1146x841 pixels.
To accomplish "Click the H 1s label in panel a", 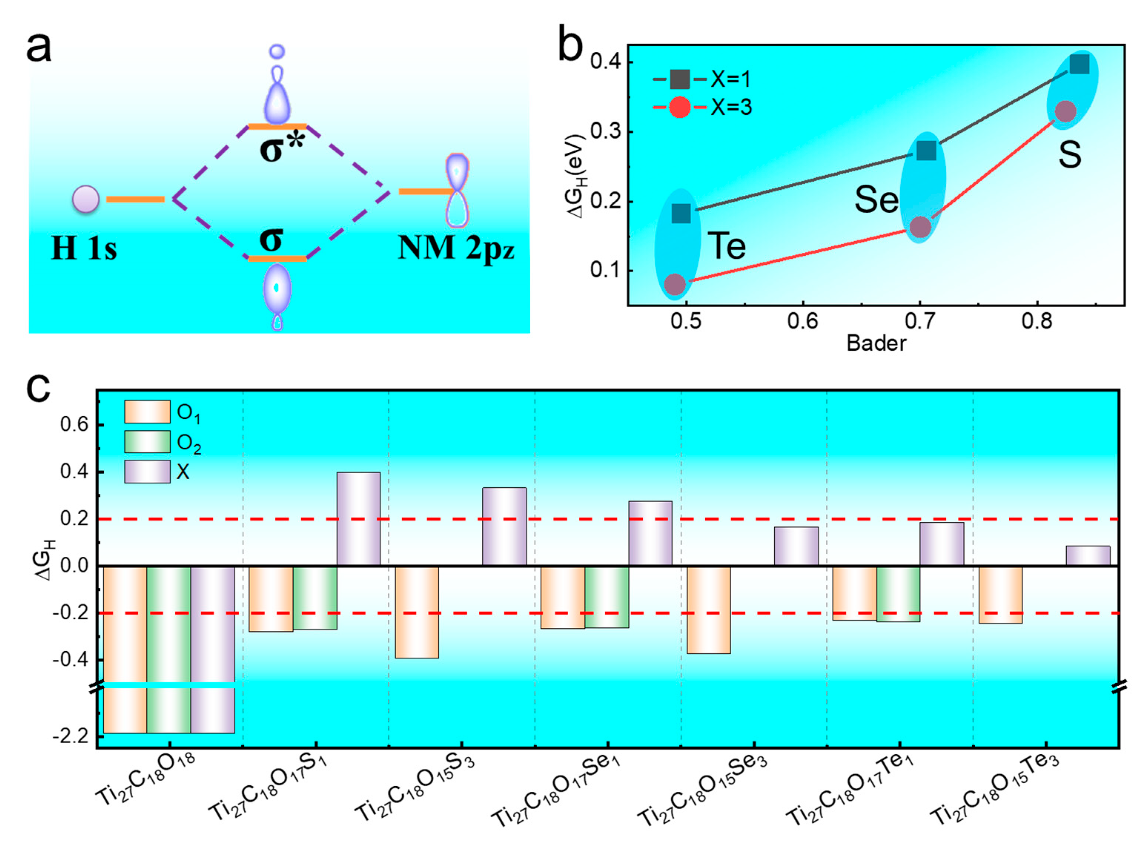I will (x=84, y=249).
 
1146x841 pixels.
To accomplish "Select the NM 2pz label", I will (x=456, y=249).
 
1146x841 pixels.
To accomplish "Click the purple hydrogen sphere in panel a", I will (x=86, y=199).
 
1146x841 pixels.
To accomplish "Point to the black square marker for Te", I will (x=681, y=213).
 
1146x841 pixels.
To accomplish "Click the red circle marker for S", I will (x=1065, y=111).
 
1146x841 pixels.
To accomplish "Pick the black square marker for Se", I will (x=926, y=151).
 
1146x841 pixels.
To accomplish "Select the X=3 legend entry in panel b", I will (x=703, y=107).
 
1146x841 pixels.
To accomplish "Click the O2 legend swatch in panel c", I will (x=147, y=441).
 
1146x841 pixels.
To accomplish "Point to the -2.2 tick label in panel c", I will (x=70, y=736).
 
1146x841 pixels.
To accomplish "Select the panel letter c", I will (x=38, y=388).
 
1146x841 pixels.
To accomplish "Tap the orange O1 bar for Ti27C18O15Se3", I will (x=709, y=609).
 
